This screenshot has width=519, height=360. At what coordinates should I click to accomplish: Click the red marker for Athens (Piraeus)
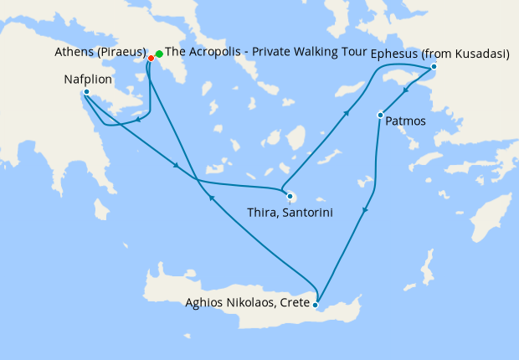[x=151, y=58]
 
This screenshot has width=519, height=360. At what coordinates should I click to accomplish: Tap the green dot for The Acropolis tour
[x=159, y=54]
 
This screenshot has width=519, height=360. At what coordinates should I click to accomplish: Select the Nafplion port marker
[x=86, y=92]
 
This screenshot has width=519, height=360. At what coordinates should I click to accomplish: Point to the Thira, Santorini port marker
[x=290, y=198]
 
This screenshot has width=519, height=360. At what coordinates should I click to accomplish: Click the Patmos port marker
[x=380, y=115]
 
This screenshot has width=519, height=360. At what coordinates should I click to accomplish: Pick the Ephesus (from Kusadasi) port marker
[x=434, y=67]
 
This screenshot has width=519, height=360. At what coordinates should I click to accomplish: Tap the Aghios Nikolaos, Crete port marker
[x=315, y=305]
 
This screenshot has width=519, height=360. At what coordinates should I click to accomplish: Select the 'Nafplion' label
[x=87, y=80]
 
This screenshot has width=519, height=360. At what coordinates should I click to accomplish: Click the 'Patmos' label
[x=406, y=121]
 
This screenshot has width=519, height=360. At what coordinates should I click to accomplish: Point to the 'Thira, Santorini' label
[x=290, y=213]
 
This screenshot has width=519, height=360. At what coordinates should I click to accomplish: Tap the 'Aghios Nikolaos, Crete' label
[x=247, y=302]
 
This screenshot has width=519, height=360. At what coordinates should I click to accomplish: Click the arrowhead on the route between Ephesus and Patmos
[x=405, y=91]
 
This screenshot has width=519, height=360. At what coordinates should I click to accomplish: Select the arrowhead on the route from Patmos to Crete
[x=365, y=213]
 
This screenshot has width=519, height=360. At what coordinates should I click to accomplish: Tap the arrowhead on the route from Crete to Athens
[x=211, y=198]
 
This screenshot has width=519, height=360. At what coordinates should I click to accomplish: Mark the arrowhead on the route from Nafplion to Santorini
[x=176, y=165]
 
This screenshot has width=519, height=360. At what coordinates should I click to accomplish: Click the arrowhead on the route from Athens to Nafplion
[x=136, y=119]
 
